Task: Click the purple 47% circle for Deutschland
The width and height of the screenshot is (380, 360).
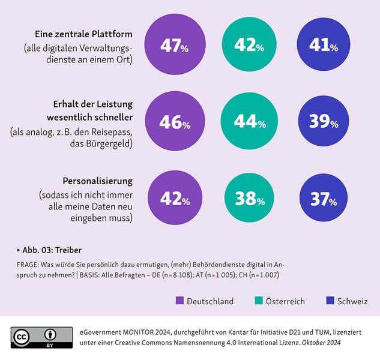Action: coord(174,46)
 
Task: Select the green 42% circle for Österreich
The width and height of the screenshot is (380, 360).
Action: coord(249,46)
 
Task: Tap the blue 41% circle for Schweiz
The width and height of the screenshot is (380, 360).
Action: coord(324,46)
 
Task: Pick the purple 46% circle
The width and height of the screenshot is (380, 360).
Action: coord(174,122)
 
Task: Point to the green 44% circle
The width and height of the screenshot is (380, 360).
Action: coord(249,122)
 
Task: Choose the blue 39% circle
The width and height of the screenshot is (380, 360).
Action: coord(324,122)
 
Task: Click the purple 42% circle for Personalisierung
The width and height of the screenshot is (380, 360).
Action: coord(174,199)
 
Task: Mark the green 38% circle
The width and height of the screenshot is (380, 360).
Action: coord(249,199)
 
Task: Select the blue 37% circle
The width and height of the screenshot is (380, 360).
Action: coord(324,199)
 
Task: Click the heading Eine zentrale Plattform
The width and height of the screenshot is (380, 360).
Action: coord(83,34)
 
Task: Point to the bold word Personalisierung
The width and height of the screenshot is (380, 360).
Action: coord(97,181)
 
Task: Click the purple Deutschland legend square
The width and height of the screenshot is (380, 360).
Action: coord(179,301)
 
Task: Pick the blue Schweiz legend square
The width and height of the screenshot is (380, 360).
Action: coord(328,301)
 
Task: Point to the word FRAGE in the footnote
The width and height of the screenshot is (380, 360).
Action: coord(28,264)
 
